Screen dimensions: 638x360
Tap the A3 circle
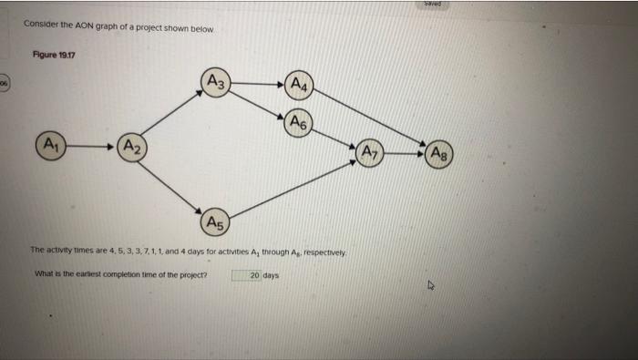pos(216,84)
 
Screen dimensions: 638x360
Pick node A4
pos(299,87)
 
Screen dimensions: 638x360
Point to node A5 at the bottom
pos(215,221)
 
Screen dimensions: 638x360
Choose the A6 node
pos(299,122)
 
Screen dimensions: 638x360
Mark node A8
pos(439,152)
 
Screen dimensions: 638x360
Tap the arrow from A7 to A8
pos(405,152)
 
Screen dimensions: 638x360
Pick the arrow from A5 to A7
pos(292,188)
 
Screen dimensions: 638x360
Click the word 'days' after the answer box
pos(271,274)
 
